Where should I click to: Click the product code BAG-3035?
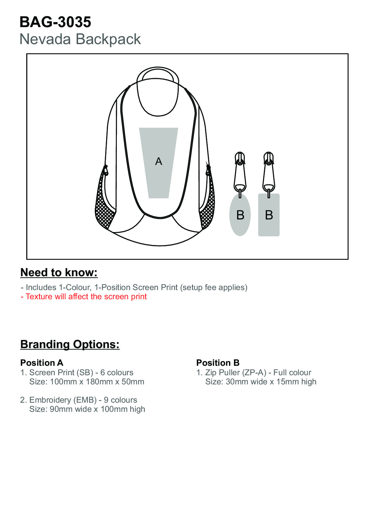coord(55,22)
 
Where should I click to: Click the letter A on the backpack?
coord(159,161)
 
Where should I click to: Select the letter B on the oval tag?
coord(240,215)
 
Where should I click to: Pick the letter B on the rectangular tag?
coord(269,215)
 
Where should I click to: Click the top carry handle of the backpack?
coord(158,72)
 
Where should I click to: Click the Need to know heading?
coord(59,272)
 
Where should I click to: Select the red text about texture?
coord(84,297)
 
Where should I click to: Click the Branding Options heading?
coord(70,344)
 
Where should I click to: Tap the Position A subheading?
coord(42,363)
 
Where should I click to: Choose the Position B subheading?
coord(218,363)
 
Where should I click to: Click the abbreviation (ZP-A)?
coord(254,373)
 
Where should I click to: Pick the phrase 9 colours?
coord(121,400)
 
